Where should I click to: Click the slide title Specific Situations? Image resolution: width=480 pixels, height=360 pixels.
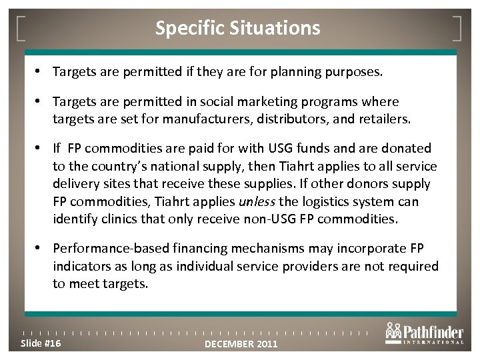click(x=237, y=28)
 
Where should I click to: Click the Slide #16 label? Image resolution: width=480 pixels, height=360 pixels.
click(x=42, y=343)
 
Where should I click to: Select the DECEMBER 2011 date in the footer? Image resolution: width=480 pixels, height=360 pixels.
click(x=241, y=344)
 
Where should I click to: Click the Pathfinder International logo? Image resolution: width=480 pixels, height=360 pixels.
click(x=423, y=333)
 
